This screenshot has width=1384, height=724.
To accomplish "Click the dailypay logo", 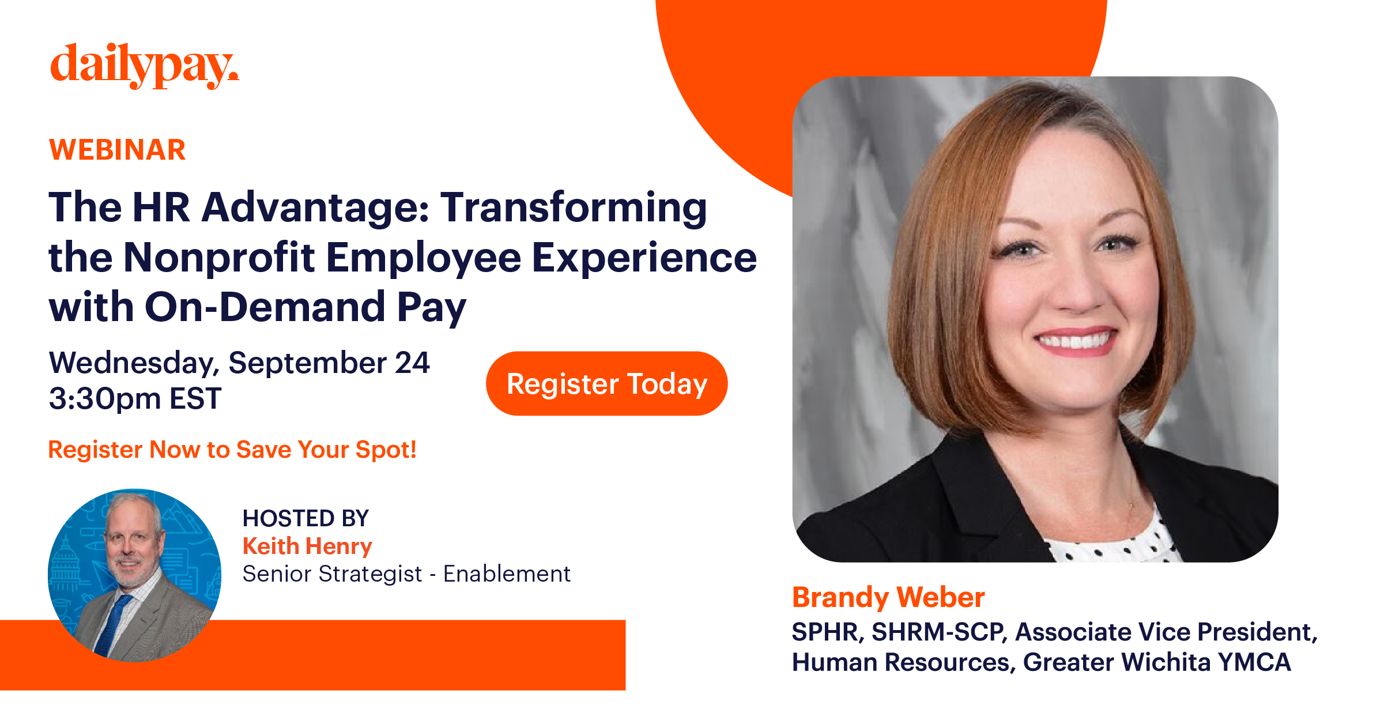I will tap(144, 66).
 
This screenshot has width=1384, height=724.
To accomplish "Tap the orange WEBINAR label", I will tap(118, 150).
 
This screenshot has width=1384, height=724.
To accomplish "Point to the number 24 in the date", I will tap(412, 363).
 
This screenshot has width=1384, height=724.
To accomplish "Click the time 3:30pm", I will tap(104, 398).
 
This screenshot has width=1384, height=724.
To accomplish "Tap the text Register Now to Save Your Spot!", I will tap(232, 450).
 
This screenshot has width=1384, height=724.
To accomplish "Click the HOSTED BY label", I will tap(306, 518).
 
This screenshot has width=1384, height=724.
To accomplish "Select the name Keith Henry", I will tap(307, 546).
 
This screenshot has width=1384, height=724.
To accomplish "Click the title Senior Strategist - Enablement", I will tap(406, 574).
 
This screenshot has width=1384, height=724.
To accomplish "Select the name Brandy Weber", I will tap(888, 597).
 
